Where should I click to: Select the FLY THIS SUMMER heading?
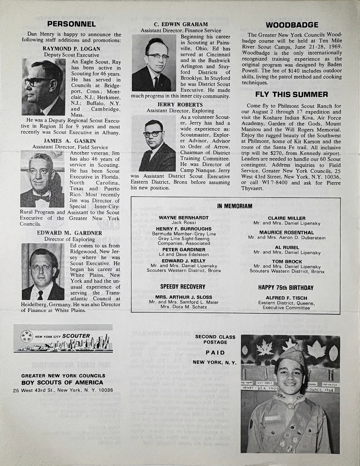coord(291,94)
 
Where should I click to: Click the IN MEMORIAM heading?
coord(235,206)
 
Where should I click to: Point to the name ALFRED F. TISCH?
coord(287,298)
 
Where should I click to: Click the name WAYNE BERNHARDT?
coord(183,218)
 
